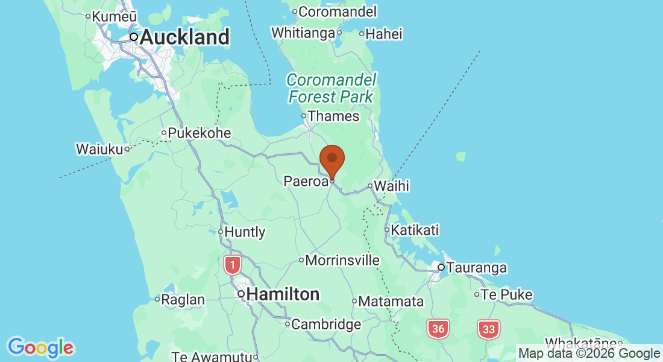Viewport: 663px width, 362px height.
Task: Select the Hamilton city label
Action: pos(283,294)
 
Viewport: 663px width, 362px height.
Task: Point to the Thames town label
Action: pos(333,116)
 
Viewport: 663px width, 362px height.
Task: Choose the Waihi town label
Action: pos(391,186)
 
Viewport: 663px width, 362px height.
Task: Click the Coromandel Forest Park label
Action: pos(331,88)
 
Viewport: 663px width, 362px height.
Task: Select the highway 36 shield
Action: pos(439,329)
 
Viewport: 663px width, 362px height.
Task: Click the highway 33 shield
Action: pos(489,329)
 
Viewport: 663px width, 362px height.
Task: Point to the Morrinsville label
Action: pos(342,261)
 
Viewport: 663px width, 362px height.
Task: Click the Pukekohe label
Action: pos(199,133)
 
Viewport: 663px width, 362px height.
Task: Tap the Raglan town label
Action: pos(184,299)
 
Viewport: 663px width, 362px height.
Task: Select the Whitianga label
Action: pos(303,33)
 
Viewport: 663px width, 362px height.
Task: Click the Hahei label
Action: pos(384,34)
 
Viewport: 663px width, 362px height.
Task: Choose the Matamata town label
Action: pos(391,301)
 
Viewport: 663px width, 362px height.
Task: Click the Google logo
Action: pos(40,347)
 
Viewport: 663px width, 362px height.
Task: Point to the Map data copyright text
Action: pos(589,354)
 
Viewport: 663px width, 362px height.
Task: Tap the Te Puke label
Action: pos(507,294)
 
